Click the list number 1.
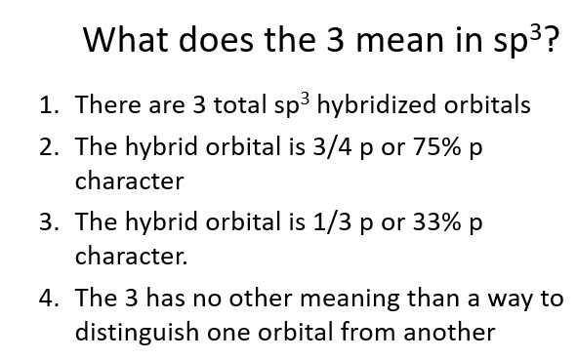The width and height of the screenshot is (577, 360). pyautogui.click(x=46, y=105)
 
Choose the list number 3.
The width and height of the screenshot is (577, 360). pyautogui.click(x=46, y=224)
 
